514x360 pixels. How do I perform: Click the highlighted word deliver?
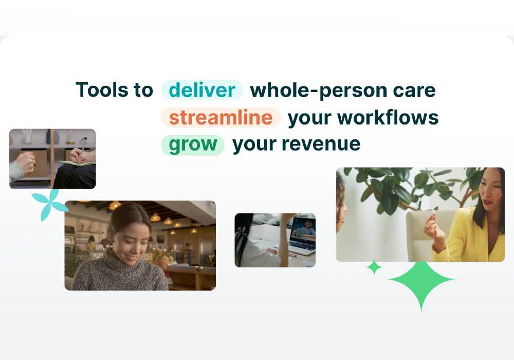tap(202, 90)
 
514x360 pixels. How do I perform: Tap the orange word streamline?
tap(221, 117)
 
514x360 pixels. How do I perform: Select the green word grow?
tap(193, 145)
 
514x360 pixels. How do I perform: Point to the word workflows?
tap(388, 117)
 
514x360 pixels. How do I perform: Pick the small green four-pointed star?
tap(374, 267)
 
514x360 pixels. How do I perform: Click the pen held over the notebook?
tap(82, 149)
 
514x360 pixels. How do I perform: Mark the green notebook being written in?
tap(78, 163)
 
